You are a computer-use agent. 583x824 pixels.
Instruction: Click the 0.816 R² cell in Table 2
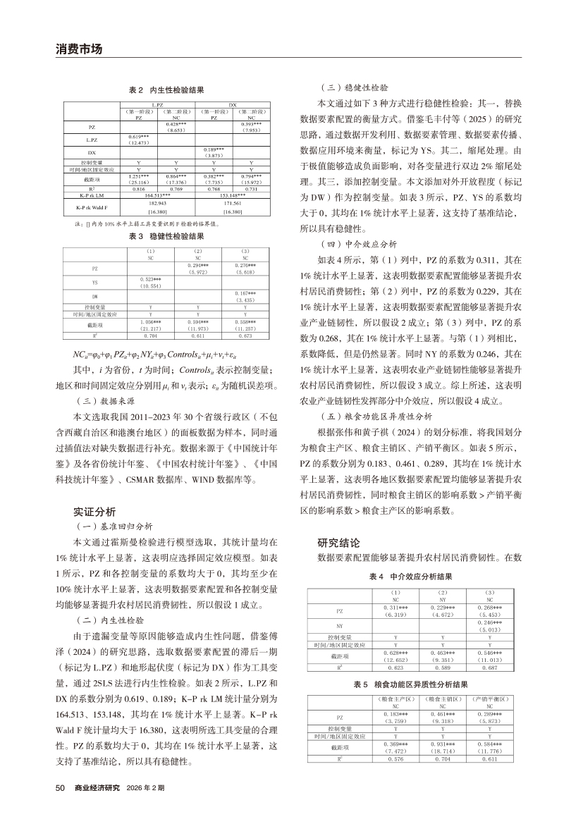coord(138,188)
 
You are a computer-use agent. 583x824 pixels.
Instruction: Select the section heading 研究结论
coord(339,543)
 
